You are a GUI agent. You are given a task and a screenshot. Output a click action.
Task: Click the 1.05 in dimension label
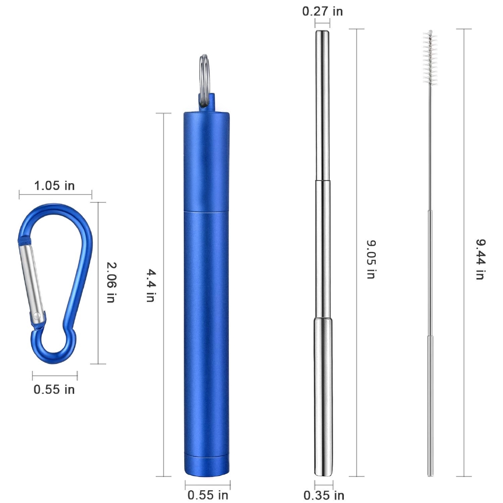point(54,186)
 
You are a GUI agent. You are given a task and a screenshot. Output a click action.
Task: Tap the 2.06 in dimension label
point(112,282)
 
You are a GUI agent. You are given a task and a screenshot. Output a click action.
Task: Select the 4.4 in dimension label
point(151,285)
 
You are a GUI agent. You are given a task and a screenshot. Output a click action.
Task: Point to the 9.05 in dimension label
point(371,259)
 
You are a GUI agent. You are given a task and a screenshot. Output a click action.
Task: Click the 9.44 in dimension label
point(480,259)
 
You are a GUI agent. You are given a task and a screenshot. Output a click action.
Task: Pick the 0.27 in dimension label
point(322,11)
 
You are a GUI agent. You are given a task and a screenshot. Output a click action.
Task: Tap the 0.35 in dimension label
point(324,495)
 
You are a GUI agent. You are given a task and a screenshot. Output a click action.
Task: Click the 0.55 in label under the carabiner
point(54,390)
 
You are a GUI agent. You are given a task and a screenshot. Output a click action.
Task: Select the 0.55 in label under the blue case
point(208,495)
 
